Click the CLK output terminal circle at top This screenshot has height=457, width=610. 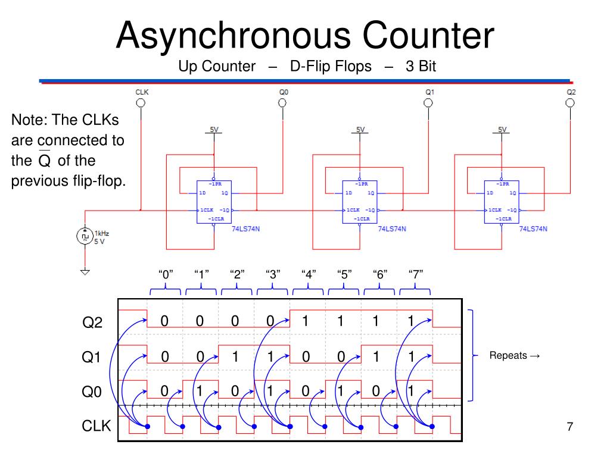[141, 102]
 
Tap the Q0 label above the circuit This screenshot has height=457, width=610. [284, 92]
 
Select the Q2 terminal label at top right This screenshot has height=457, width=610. [571, 92]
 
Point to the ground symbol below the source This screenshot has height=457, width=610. [85, 272]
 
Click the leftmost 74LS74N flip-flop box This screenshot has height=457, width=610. [213, 201]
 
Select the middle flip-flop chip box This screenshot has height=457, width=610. [359, 201]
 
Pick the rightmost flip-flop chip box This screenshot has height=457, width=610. [502, 201]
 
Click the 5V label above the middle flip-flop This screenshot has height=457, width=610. [360, 129]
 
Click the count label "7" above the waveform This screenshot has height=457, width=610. [416, 274]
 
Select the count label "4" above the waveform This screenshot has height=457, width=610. [308, 274]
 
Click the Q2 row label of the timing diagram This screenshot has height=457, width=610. [92, 323]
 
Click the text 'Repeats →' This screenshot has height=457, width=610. [515, 356]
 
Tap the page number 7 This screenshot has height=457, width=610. [569, 427]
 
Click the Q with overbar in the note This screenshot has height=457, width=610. [45, 161]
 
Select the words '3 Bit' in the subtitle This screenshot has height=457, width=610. [421, 67]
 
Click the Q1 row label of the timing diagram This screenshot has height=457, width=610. [92, 358]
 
